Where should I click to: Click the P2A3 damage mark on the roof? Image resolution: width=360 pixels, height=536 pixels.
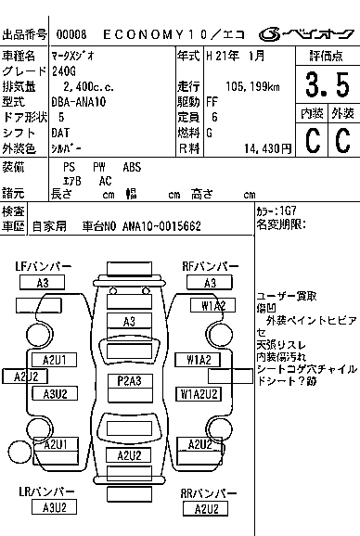(129, 381)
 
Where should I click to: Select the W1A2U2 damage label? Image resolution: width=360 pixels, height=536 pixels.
(200, 393)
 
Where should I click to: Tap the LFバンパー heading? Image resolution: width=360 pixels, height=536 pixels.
(42, 267)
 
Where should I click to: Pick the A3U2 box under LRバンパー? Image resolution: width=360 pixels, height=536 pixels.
(49, 507)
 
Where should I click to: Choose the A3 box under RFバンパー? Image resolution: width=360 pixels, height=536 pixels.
(210, 283)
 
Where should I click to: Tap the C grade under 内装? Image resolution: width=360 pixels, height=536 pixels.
(311, 141)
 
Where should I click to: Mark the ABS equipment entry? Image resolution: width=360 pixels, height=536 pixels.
(132, 167)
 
